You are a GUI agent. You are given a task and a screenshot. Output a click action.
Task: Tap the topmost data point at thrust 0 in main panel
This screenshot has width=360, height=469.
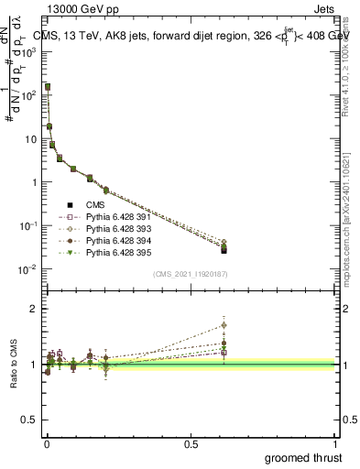click(x=48, y=86)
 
